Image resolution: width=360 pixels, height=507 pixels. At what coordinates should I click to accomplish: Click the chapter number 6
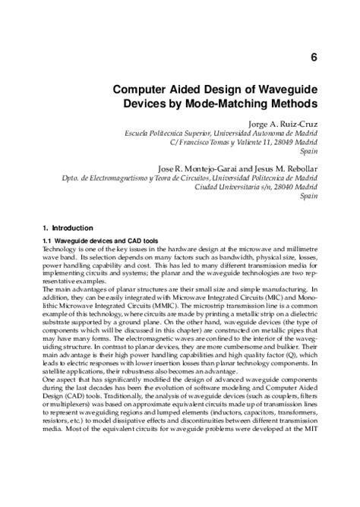[314, 56]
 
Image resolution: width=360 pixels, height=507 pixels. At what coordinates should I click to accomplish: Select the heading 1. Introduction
[68, 227]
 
